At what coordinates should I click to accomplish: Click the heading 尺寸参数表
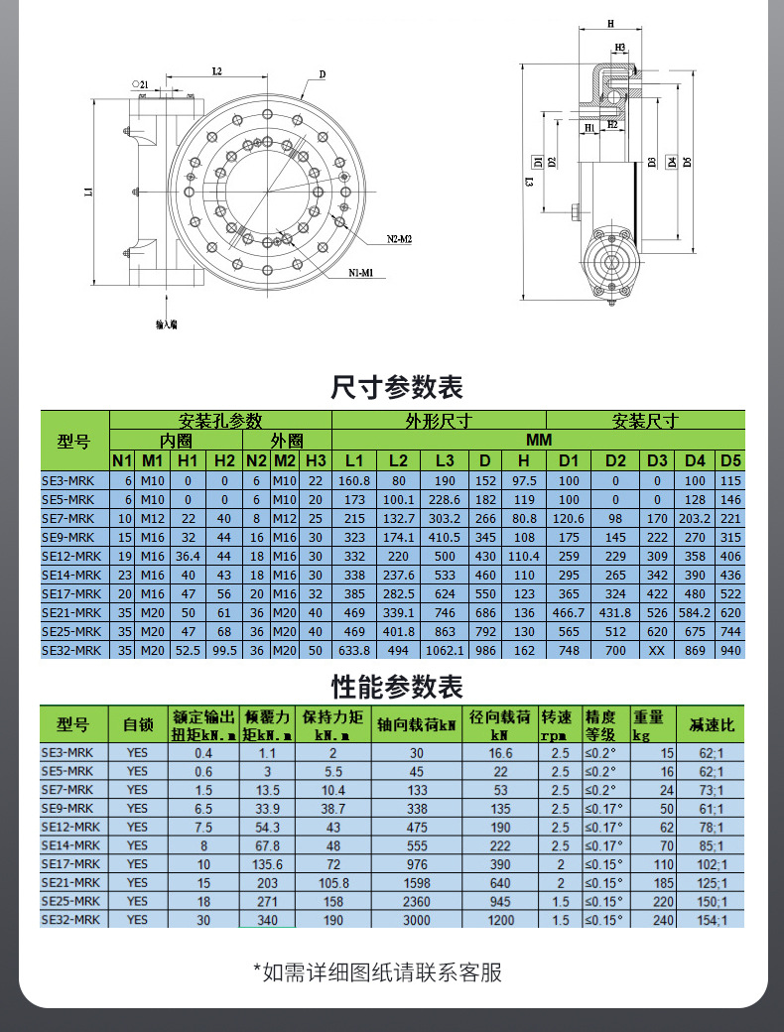(x=396, y=386)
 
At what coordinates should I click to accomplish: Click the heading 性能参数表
(x=396, y=686)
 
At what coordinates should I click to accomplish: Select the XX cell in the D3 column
(x=656, y=650)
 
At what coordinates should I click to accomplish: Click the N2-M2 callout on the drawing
(x=399, y=240)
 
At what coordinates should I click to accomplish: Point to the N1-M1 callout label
(x=366, y=272)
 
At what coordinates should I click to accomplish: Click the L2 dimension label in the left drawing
(x=216, y=71)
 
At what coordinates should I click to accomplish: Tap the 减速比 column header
(x=715, y=725)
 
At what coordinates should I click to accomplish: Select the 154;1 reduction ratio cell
(x=715, y=920)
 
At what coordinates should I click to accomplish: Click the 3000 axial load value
(x=417, y=920)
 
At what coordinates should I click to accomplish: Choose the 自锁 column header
(x=137, y=725)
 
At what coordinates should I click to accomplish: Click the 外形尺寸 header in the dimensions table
(x=438, y=421)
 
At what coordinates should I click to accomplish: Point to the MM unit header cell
(x=537, y=440)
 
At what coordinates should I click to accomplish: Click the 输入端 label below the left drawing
(x=167, y=323)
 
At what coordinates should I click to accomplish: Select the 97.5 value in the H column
(x=524, y=480)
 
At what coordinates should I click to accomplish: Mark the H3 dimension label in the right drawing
(x=620, y=47)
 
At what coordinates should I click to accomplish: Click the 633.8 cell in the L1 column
(x=354, y=650)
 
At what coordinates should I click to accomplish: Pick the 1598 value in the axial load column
(x=417, y=882)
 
